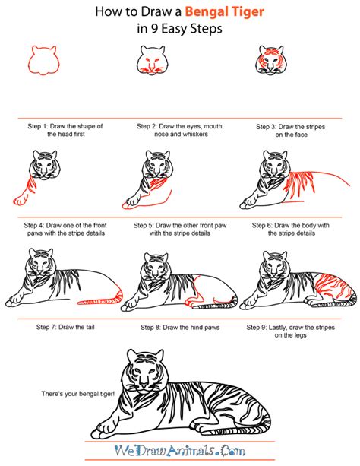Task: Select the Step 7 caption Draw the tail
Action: [x=59, y=327]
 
